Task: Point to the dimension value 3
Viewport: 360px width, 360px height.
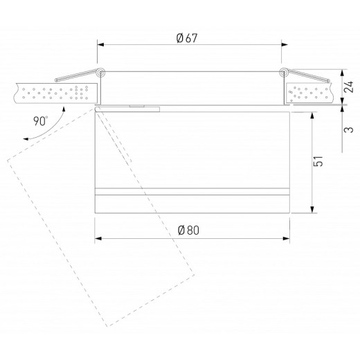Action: pyautogui.click(x=352, y=129)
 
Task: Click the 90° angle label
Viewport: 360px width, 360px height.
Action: pyautogui.click(x=40, y=120)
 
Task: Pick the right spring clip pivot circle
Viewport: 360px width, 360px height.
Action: pyautogui.click(x=282, y=72)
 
